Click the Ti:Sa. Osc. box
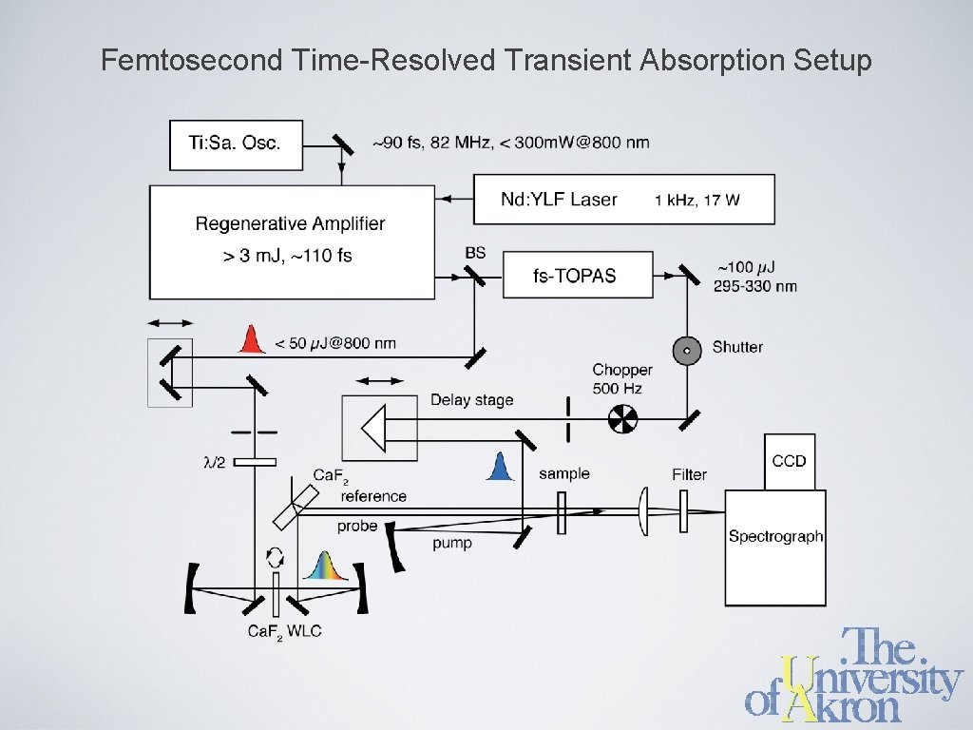coord(236,144)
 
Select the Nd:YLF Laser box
coord(623,200)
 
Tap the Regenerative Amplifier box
coord(290,240)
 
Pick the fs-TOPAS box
coord(578,276)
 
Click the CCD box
coord(789,461)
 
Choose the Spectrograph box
coord(775,547)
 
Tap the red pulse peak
coord(251,339)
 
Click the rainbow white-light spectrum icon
coord(325,567)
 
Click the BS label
coord(475,253)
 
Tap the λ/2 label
coord(216,463)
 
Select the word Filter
coord(689,474)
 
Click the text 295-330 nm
coord(755,286)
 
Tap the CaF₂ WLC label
coord(285,631)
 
